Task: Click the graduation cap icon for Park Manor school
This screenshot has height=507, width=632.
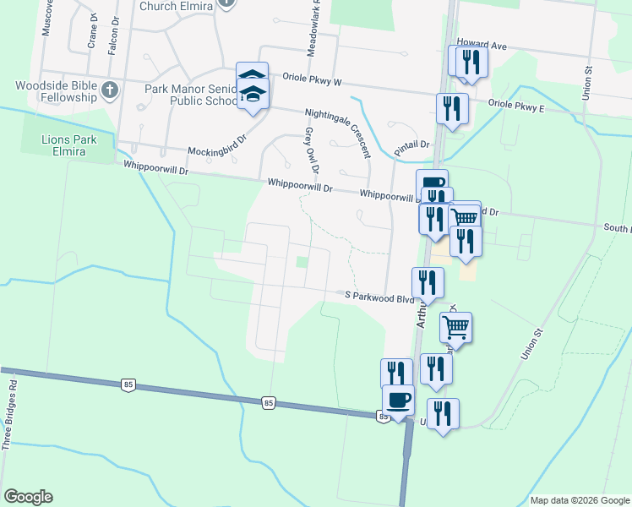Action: coord(252,88)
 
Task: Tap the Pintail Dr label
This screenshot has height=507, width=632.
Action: coord(412,145)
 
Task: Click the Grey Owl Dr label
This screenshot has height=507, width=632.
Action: coord(309,149)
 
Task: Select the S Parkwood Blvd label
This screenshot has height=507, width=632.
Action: coord(379,296)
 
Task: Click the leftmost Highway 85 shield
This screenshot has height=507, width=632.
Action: coord(128,385)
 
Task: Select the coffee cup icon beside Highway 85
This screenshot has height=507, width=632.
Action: coord(398,399)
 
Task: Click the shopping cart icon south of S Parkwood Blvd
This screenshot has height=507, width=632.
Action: coord(456,327)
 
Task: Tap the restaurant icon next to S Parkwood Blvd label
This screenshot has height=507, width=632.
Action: coord(428,282)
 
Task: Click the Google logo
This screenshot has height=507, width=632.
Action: coord(28,497)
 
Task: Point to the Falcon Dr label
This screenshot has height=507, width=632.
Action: coord(112,41)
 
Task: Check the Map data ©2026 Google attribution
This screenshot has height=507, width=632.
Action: coord(579,500)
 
